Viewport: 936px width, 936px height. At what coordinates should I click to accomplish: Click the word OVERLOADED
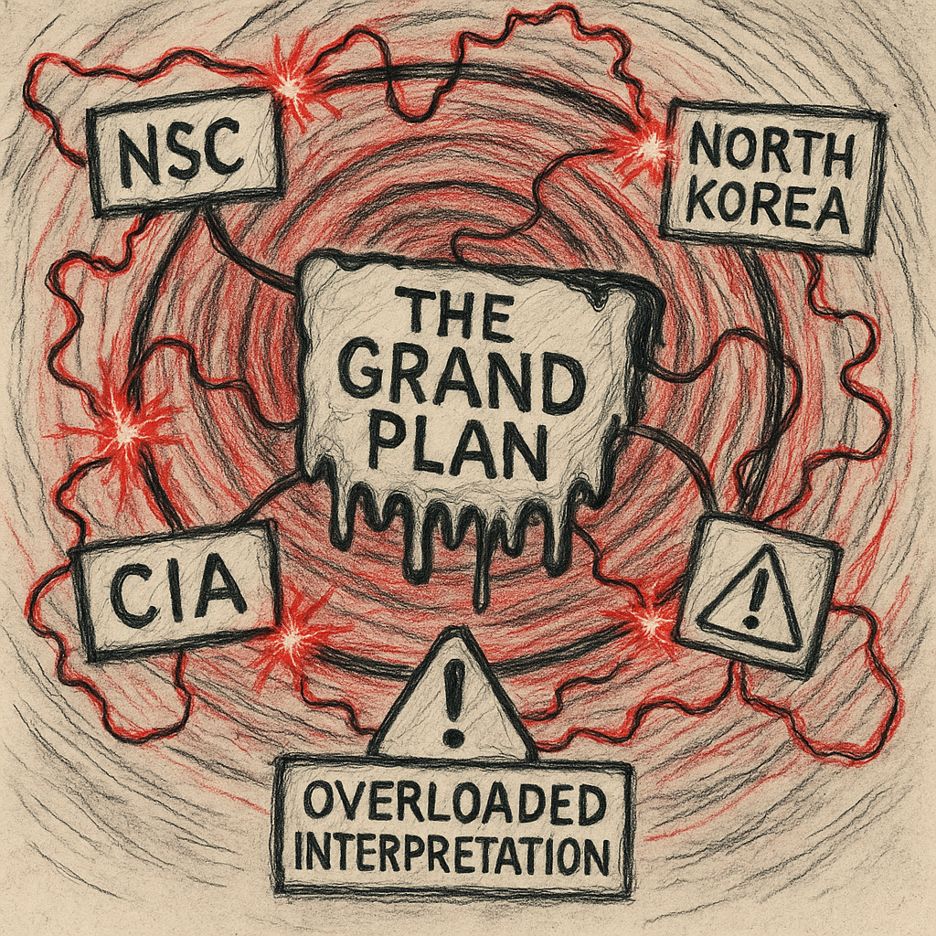454,805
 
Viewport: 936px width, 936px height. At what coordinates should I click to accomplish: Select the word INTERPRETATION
454,856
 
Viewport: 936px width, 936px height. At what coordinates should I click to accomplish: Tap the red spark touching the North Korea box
650,146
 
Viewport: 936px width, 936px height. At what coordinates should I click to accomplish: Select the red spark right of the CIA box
291,637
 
